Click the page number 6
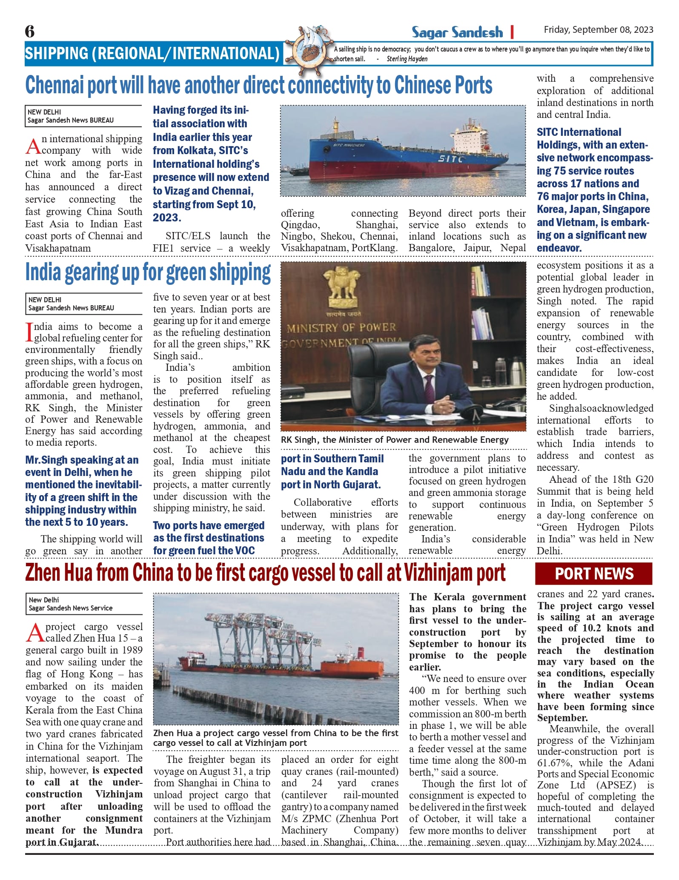click(30, 32)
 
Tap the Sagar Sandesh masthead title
click(457, 32)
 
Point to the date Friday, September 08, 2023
click(598, 30)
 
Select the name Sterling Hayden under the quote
click(407, 59)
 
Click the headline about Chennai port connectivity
click(258, 85)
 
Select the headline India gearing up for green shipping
click(148, 273)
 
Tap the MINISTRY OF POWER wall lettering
click(341, 328)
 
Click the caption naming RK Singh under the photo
click(395, 440)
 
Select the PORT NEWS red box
click(594, 573)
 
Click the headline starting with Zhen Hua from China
click(265, 573)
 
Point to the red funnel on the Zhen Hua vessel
click(361, 652)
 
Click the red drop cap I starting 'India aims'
click(29, 332)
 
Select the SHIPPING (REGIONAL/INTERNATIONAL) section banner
click(152, 54)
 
